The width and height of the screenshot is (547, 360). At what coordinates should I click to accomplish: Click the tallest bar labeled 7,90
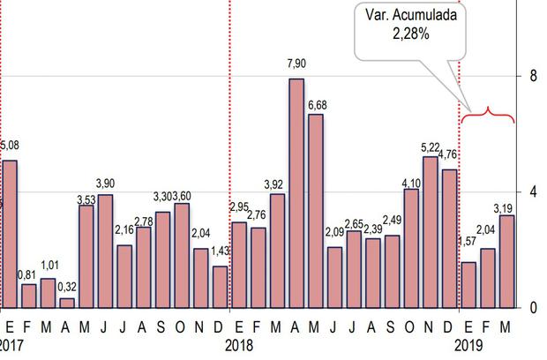tap(296, 193)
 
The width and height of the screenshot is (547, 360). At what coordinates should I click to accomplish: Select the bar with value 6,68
tap(316, 211)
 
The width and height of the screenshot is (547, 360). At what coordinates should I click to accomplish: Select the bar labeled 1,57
tap(469, 284)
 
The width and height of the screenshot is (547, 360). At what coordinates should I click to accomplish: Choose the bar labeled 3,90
tap(105, 251)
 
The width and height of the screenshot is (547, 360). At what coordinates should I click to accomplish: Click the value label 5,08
tap(10, 145)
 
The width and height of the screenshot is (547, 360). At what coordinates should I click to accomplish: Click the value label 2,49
tap(393, 220)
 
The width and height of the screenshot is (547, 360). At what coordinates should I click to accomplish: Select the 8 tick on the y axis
tap(533, 76)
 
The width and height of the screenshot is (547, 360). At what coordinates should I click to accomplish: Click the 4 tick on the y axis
tap(533, 192)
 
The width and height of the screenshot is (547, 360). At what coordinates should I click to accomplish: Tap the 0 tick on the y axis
tap(533, 308)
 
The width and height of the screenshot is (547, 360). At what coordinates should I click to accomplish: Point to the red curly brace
tap(489, 113)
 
